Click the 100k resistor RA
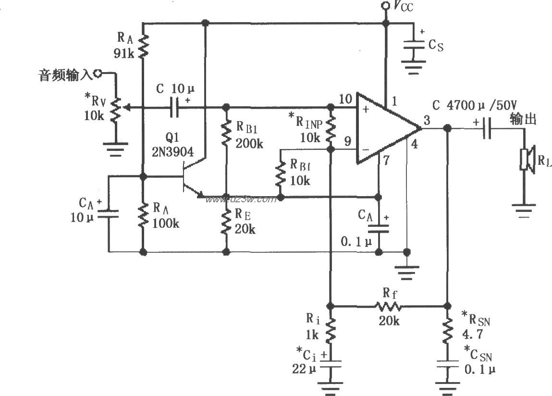coord(143,215)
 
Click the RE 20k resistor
coord(226,221)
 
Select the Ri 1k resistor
coord(330,330)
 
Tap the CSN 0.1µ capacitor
coord(447,364)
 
